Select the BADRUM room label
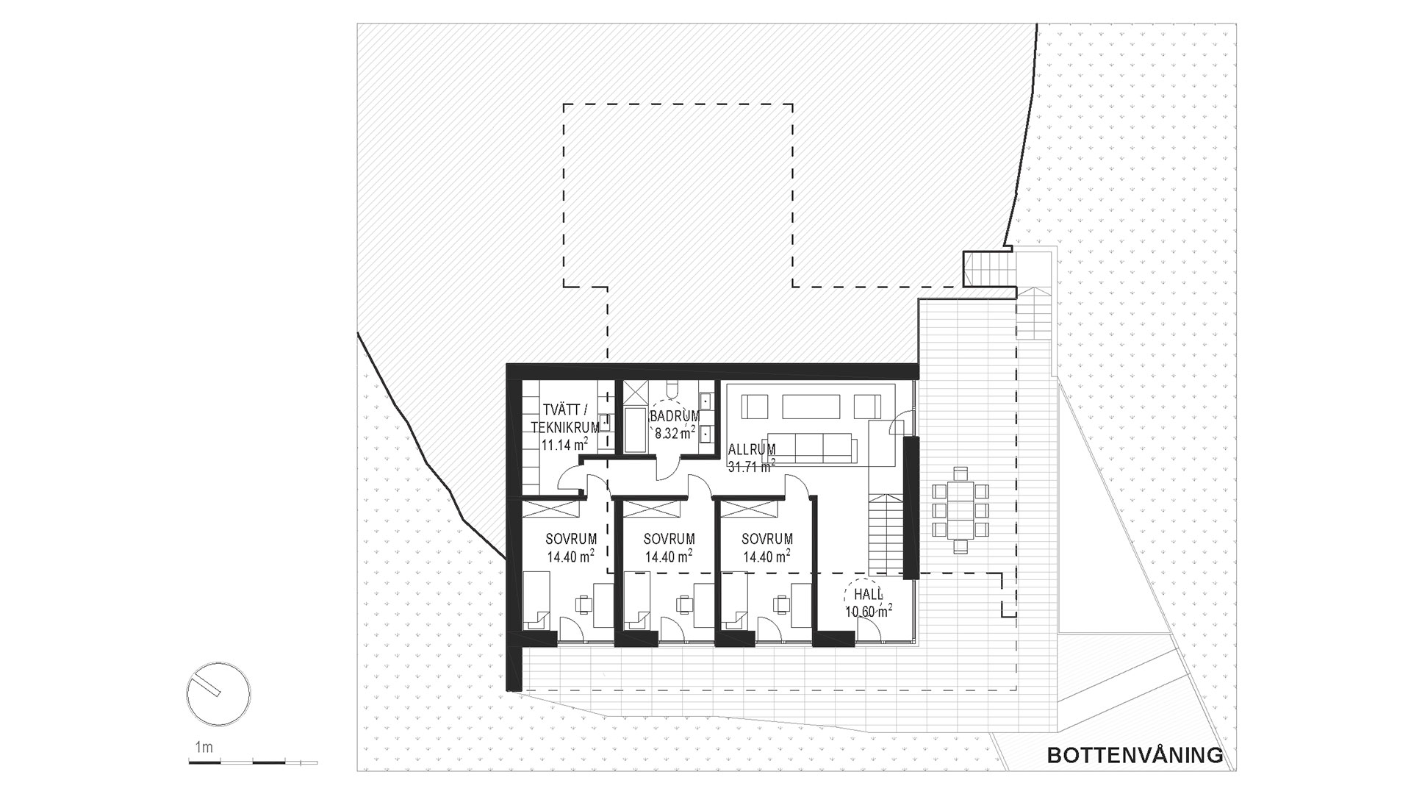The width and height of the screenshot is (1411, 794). point(675,417)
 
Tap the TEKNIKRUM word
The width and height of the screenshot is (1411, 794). point(565,428)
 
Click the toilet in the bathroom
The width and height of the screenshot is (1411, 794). point(672,388)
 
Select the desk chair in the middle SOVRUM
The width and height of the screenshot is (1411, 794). point(685,604)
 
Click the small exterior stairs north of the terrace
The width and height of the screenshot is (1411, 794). point(988,268)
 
